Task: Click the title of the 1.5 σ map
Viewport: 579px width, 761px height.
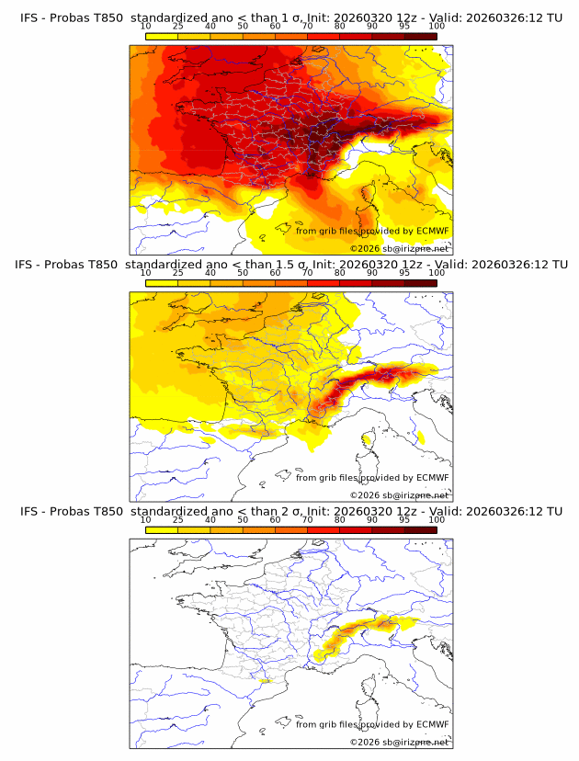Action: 289,265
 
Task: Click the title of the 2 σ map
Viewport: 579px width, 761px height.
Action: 289,511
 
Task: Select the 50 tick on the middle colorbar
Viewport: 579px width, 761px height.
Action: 243,274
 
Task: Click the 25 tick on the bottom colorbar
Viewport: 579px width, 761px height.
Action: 178,520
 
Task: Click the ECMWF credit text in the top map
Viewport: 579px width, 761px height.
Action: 371,231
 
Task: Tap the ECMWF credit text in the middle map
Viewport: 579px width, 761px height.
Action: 371,477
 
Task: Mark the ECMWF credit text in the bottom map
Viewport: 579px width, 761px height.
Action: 371,723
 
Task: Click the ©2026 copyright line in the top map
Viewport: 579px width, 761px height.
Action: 399,248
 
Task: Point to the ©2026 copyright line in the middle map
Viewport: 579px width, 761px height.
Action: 399,494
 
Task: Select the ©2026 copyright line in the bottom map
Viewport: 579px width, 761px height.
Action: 399,741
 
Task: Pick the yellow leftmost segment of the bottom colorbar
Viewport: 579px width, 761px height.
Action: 162,530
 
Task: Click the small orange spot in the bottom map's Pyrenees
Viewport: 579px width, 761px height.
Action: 267,682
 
